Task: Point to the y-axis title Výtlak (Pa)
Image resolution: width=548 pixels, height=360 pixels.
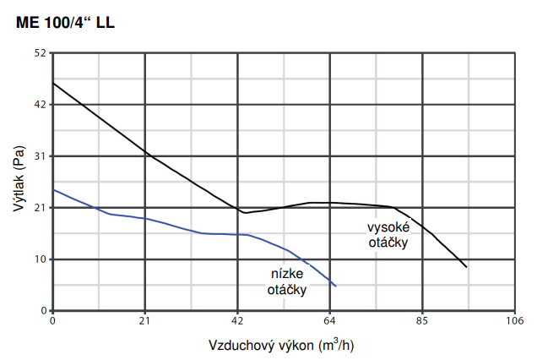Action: pos(19,181)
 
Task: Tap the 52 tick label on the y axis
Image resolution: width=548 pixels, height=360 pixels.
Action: pos(40,53)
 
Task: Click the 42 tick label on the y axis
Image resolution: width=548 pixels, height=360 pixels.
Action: pos(40,105)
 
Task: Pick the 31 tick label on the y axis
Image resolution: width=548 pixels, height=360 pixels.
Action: pos(40,156)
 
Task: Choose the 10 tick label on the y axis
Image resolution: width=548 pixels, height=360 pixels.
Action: pos(40,259)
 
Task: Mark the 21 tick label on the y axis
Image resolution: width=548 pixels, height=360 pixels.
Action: pos(40,208)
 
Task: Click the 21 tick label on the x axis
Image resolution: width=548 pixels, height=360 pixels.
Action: pos(145,322)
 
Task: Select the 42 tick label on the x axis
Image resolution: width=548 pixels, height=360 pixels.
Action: pos(237,322)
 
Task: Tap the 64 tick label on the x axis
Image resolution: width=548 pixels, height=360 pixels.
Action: pos(330,322)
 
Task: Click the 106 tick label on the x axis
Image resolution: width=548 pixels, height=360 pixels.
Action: pos(514,322)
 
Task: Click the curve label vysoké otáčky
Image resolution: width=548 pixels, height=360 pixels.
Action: pos(388,235)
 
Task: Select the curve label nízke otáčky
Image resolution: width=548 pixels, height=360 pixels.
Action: pos(287,281)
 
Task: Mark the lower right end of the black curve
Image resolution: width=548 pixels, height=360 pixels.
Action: pos(466,267)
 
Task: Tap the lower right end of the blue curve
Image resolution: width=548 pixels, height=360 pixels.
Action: pos(336,286)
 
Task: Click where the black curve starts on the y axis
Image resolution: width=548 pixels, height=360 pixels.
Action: pos(53,83)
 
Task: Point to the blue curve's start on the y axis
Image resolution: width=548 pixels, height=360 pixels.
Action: pos(53,189)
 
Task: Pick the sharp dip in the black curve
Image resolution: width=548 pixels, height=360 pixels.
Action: pos(244,212)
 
